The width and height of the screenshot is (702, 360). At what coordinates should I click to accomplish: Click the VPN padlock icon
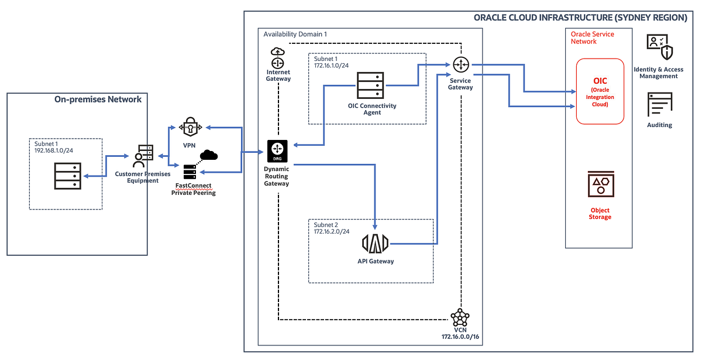point(189,126)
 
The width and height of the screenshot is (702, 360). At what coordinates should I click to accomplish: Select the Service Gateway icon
point(461,64)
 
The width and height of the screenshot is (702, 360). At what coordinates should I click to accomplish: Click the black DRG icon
point(277,151)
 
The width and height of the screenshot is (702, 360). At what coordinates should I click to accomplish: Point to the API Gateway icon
point(376,243)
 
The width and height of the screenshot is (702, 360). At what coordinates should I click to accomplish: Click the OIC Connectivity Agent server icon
point(371,85)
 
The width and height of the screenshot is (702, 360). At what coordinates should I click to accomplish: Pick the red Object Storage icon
point(600,186)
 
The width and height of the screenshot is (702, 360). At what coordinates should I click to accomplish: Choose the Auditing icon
point(659,105)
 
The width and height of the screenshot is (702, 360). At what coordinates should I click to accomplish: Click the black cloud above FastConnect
point(208,155)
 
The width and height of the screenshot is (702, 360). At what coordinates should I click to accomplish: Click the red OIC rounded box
point(601,91)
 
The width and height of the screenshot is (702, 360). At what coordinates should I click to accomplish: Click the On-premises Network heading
point(98,100)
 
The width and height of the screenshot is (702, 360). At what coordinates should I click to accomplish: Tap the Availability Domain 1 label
point(295,35)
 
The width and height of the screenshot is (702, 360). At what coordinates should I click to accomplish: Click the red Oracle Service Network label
point(592,37)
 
